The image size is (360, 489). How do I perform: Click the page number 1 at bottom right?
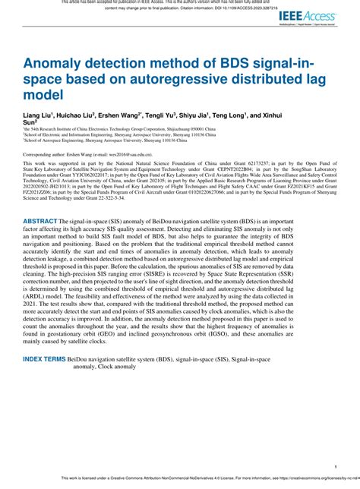336,465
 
